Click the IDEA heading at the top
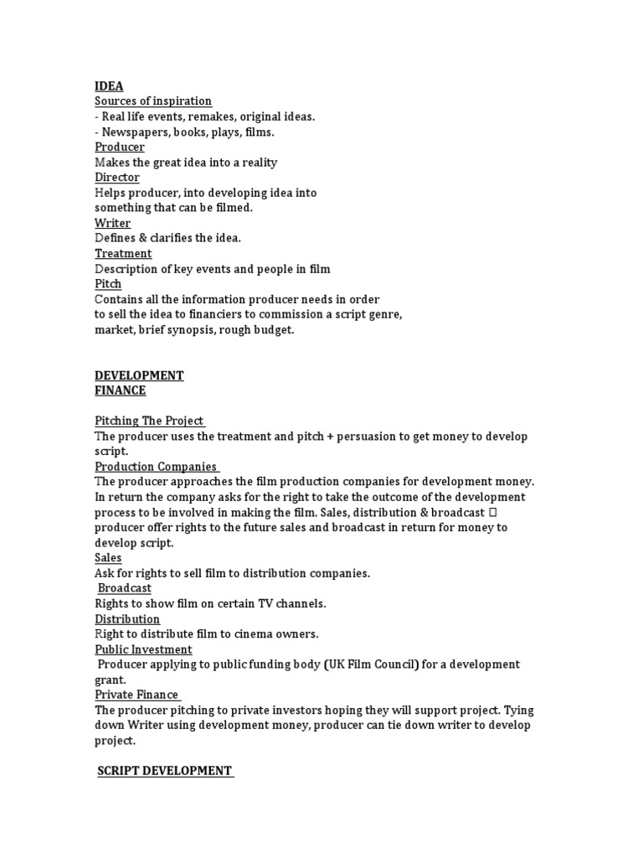click(x=109, y=86)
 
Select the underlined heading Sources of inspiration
click(x=153, y=101)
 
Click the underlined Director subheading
click(x=117, y=178)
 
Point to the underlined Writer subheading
click(x=113, y=223)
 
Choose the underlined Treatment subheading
click(x=123, y=253)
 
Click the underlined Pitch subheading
click(x=108, y=284)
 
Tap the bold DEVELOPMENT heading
click(x=139, y=375)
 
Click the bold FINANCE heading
click(x=121, y=390)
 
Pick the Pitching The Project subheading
click(x=149, y=421)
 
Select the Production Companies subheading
click(x=156, y=467)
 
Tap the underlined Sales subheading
click(x=108, y=558)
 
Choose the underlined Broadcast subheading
click(x=125, y=588)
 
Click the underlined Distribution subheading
click(x=127, y=619)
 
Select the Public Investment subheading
click(x=143, y=649)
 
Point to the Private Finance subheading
click(x=136, y=695)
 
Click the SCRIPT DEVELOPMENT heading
click(x=165, y=771)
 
